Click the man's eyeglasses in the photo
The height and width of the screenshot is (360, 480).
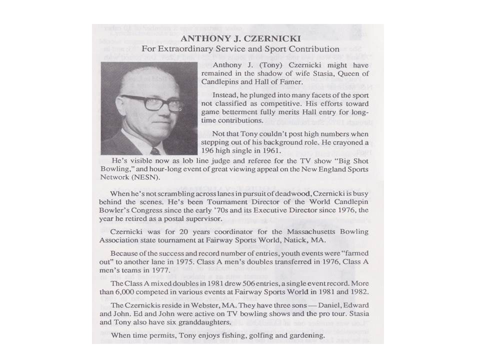pos(151,102)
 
